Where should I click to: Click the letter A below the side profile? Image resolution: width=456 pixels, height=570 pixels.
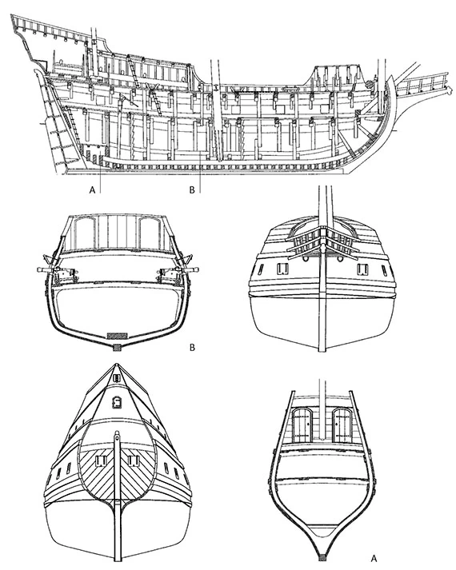[x=92, y=189]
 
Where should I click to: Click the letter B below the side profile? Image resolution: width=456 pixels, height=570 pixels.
[x=192, y=189]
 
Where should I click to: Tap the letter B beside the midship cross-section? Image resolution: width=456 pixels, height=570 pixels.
[x=192, y=348]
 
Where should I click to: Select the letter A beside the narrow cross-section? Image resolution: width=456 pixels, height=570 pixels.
[x=373, y=557]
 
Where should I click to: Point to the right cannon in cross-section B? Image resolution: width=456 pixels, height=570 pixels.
[x=178, y=272]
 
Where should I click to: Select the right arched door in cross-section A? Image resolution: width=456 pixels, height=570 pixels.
[x=342, y=425]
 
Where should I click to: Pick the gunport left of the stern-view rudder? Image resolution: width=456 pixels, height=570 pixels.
[x=100, y=461]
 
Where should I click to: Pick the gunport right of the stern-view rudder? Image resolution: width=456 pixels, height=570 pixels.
[x=134, y=461]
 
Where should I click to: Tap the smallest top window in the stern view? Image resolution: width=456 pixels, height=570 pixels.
[x=116, y=378]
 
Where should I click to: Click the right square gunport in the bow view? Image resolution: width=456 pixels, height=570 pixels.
[x=362, y=269]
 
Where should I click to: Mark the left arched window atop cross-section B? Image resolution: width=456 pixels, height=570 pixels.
[x=84, y=234]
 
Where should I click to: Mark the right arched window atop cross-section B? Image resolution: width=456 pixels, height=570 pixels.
[x=150, y=234]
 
